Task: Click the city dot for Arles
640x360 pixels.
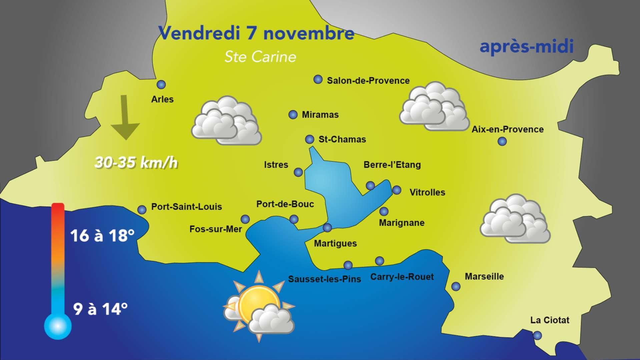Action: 161,85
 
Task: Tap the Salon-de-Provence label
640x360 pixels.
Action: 368,81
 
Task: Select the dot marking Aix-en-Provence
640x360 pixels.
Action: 502,141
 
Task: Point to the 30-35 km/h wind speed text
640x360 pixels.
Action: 136,163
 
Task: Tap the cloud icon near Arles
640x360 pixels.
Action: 226,121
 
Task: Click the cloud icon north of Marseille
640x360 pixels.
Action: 515,221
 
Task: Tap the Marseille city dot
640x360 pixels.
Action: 456,286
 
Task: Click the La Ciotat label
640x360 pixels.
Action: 550,320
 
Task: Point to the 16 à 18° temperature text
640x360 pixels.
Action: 102,236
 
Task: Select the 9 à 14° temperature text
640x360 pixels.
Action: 100,309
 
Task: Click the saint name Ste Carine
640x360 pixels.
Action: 260,57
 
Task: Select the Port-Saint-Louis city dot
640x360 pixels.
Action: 142,210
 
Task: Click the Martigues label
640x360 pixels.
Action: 335,244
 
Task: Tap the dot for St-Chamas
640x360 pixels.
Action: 309,139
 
